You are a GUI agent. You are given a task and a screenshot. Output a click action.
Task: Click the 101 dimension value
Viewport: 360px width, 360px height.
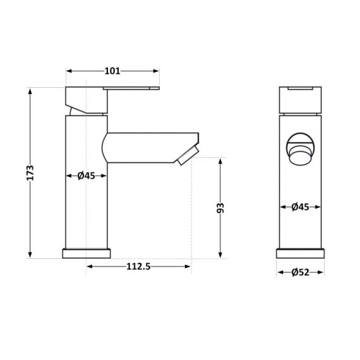pos(112,71)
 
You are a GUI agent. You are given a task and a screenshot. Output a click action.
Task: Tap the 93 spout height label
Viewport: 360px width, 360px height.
pos(220,208)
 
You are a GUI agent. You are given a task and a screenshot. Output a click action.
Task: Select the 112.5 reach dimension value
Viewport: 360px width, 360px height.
pos(138,267)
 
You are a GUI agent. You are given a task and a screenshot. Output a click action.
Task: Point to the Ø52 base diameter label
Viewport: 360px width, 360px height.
pos(300,272)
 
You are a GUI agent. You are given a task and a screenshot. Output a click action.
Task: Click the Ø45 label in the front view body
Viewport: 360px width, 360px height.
pos(300,207)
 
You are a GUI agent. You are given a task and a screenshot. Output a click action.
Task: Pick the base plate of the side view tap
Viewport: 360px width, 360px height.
pos(86,253)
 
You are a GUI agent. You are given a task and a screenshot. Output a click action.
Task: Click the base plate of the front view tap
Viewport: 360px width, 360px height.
pos(300,253)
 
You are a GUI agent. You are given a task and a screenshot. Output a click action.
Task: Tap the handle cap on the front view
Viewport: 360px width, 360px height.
pos(300,98)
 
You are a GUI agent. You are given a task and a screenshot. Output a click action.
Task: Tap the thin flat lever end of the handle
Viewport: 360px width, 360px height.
pos(135,88)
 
